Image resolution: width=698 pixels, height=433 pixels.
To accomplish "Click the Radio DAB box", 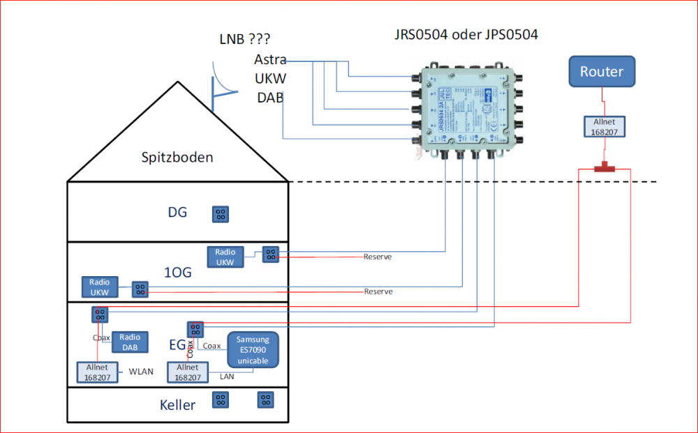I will pos(130,342).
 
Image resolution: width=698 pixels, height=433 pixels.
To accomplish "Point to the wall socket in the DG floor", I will pos(221,213).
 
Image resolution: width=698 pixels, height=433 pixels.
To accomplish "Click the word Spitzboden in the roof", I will pos(177,157).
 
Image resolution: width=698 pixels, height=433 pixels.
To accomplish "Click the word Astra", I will pos(269,60).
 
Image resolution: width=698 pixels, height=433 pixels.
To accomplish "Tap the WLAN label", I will pos(141,372).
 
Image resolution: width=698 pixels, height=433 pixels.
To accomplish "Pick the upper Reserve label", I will pos(378,257).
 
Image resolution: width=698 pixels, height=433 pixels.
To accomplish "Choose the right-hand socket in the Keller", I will pos(265,400).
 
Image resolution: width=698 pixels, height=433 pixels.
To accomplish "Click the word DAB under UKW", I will pos(270,98).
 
